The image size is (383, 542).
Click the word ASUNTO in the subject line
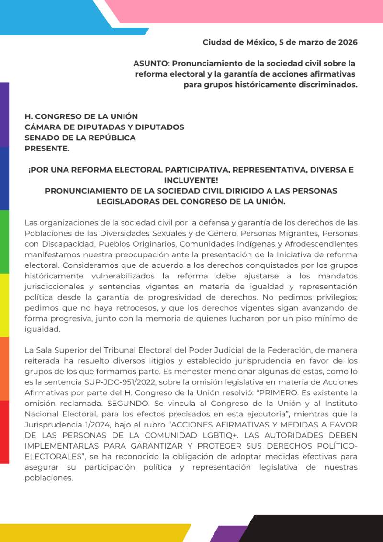(151, 63)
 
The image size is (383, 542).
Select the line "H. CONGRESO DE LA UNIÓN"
(81, 116)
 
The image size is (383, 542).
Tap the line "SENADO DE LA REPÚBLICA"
(80, 138)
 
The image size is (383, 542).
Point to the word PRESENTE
(47, 148)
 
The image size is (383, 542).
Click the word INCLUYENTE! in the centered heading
(191, 180)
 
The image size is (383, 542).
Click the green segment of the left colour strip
(4, 242)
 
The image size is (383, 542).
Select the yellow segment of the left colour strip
(4, 305)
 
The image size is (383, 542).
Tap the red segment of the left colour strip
(4, 431)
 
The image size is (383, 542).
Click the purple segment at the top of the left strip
(4, 115)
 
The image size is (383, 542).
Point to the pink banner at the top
(249, 11)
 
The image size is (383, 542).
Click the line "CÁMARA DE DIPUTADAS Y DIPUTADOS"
(104, 127)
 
